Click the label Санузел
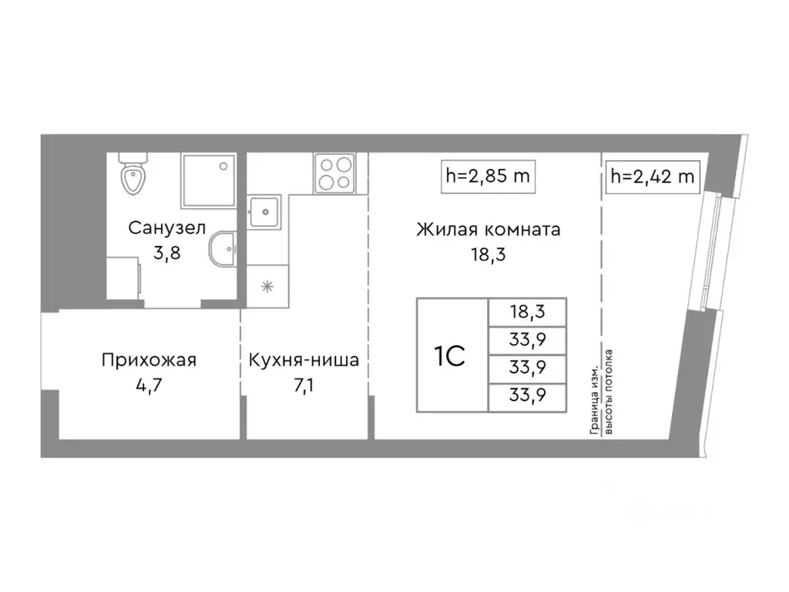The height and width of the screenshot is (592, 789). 166,228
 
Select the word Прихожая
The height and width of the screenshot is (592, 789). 149,360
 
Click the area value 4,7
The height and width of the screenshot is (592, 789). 149,385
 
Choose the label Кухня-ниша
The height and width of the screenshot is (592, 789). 304,360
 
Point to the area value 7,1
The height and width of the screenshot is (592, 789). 304,385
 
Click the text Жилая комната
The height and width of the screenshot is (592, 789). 488,230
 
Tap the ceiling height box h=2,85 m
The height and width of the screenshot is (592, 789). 489,176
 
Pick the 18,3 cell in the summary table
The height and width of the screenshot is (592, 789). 527,312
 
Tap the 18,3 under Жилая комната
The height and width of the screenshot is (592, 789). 488,254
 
